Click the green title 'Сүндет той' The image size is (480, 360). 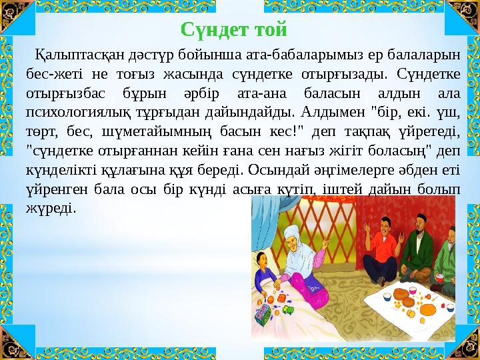234,29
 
